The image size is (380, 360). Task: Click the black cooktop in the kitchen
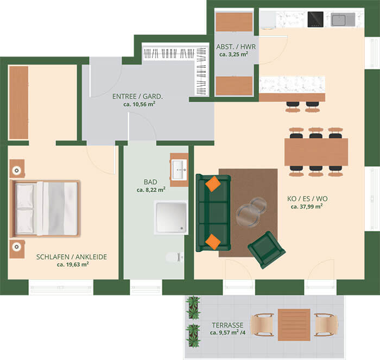(x=315, y=20)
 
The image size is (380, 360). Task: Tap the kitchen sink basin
(x=339, y=20)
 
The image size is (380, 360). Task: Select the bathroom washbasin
(x=179, y=169)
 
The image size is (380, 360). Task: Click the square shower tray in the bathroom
(x=171, y=217)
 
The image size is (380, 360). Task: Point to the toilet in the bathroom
(x=175, y=257)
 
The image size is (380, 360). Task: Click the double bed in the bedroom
(x=45, y=209)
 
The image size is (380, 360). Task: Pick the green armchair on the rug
(x=267, y=250)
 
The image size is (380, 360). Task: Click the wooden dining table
(x=316, y=152)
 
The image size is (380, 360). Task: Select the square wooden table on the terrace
(x=294, y=325)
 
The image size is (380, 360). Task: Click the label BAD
(x=150, y=182)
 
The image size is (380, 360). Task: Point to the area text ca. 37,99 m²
(x=307, y=206)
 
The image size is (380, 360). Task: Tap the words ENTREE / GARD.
(x=137, y=97)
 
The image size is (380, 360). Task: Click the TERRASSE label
(x=227, y=325)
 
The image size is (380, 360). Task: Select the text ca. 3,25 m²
(x=233, y=54)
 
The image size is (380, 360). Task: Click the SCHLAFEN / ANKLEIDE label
(x=72, y=257)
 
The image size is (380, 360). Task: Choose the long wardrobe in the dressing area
(x=18, y=103)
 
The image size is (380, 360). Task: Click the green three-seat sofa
(x=213, y=213)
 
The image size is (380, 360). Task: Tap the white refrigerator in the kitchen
(x=268, y=20)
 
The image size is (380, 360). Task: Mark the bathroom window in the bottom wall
(x=146, y=288)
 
